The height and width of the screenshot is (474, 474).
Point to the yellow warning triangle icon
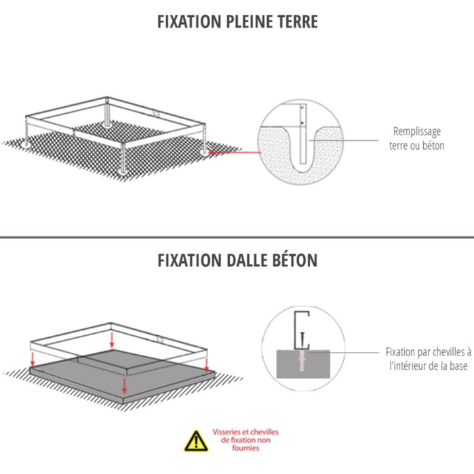[196, 441]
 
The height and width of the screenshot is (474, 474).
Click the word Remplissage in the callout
[417, 131]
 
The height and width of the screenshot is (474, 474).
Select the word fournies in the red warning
[245, 448]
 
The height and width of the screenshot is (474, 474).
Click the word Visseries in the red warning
[226, 432]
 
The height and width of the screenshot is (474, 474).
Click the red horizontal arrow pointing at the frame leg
[235, 152]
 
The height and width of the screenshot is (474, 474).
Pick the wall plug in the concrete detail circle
[302, 361]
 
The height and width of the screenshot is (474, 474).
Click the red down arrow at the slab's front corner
[124, 387]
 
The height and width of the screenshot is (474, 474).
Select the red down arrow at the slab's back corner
[112, 340]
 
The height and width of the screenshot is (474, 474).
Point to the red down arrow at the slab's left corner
[33, 359]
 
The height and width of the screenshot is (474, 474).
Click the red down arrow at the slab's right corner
[207, 365]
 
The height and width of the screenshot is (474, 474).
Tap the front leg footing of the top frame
[123, 171]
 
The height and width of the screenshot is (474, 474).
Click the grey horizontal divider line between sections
[237, 237]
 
